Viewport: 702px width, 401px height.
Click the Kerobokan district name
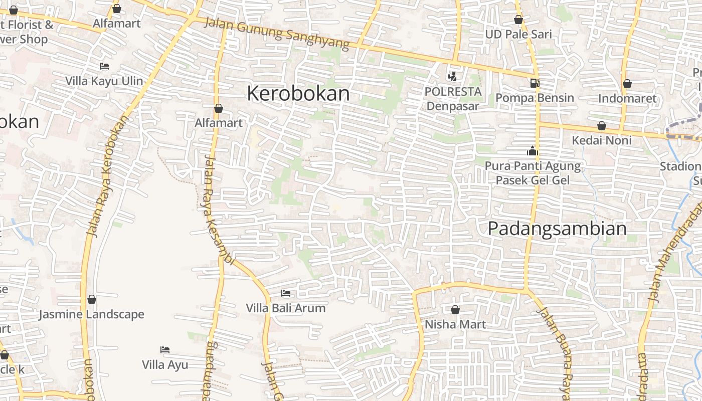click(298, 94)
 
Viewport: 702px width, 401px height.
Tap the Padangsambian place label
click(557, 229)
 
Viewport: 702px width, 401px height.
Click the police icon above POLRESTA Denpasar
click(453, 76)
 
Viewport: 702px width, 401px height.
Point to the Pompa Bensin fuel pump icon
click(535, 83)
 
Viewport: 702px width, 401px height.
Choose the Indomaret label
click(627, 98)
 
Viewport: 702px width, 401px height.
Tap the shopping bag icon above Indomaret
click(627, 84)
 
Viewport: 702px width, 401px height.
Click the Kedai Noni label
click(602, 140)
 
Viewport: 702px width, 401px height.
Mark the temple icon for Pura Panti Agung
click(532, 151)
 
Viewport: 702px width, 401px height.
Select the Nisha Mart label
click(455, 324)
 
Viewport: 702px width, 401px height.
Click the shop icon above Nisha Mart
click(455, 310)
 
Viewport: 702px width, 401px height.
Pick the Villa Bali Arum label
click(285, 308)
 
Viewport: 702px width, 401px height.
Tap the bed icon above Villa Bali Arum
click(286, 293)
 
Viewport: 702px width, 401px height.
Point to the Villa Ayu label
click(165, 364)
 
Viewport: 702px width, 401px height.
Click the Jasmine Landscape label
click(92, 315)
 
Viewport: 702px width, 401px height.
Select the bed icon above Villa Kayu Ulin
click(104, 66)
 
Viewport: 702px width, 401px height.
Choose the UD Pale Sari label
click(518, 35)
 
